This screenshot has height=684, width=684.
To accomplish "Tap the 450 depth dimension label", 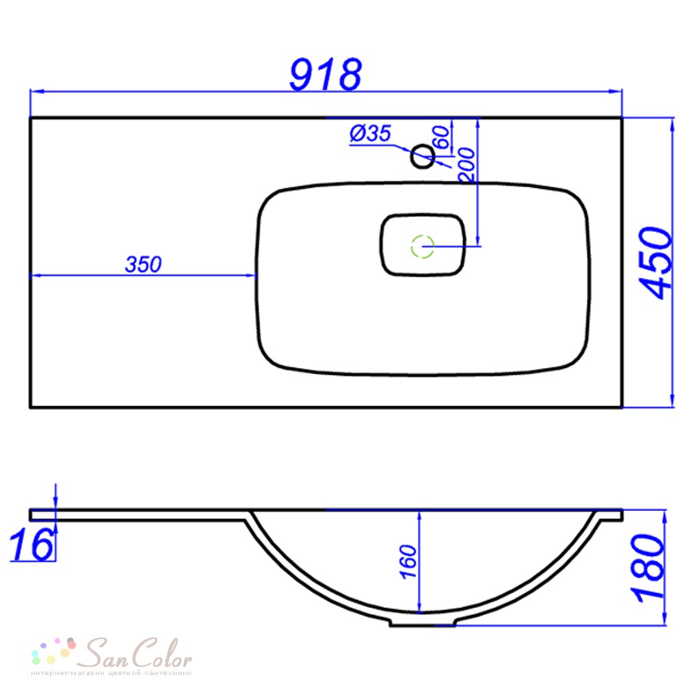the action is (x=656, y=263).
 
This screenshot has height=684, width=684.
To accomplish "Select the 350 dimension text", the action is (x=143, y=264).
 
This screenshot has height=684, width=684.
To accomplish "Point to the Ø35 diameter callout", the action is (x=370, y=133).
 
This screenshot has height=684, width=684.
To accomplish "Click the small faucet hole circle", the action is (x=423, y=156).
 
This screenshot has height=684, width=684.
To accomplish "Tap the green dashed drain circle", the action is (x=423, y=246).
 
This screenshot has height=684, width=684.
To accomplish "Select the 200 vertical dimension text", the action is (x=466, y=165).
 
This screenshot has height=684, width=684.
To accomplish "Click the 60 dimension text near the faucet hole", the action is (x=440, y=137).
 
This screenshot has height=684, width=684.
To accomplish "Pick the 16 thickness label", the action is (x=31, y=544).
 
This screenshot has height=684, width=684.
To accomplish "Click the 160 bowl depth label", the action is (x=408, y=562).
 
